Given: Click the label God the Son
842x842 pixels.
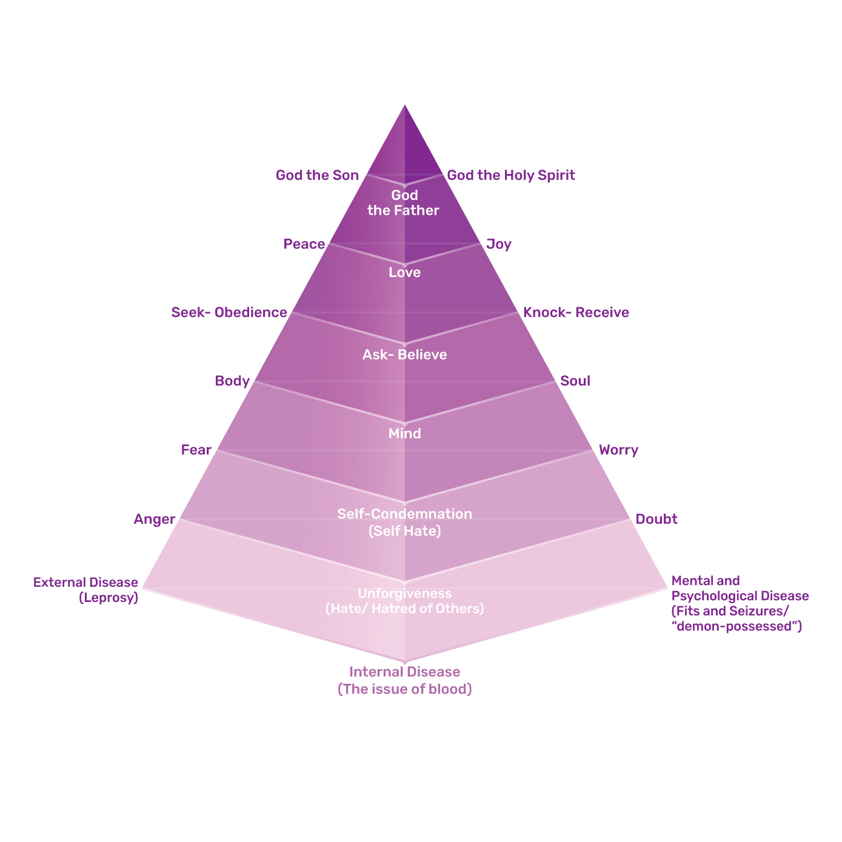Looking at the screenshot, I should point(317,175).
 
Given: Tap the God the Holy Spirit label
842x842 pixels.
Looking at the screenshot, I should point(510,175).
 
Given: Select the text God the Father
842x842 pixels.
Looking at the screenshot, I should point(404,202).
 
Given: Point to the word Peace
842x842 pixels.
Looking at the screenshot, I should point(304,244).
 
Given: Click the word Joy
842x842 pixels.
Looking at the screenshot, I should point(499,244).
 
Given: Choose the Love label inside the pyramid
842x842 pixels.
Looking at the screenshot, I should point(404,273).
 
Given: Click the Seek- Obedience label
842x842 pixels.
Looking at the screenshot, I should point(229,313).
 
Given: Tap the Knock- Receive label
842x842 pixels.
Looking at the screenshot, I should point(576,313).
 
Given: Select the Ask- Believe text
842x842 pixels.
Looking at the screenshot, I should point(404,355).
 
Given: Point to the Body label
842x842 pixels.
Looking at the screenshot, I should point(232,381).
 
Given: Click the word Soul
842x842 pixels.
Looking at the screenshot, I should point(575,381).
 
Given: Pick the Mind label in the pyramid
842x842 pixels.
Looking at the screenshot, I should point(404,434).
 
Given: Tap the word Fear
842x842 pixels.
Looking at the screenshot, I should point(196,450).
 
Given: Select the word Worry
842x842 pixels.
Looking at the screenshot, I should point(618,450).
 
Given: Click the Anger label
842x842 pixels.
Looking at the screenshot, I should point(155,519).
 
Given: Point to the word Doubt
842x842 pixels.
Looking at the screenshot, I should point(656,519).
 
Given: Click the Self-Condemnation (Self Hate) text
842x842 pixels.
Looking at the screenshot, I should point(404,522).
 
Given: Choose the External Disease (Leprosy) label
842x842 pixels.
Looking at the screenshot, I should point(86,590).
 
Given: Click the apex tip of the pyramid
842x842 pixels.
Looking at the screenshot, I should point(404,107).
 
